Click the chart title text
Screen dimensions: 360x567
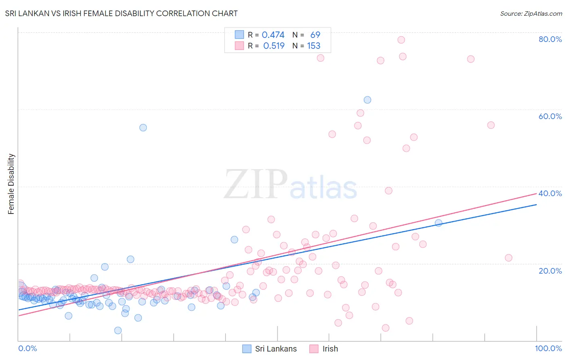point(121,13)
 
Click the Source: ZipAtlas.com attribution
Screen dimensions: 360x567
point(531,13)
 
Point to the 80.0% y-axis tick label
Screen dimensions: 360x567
point(550,39)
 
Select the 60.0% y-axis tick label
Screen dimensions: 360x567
point(550,116)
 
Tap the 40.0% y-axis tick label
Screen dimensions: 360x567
point(550,193)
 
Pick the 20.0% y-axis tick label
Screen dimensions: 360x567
point(550,270)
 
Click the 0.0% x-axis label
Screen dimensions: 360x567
point(27,348)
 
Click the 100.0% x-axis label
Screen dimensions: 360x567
point(548,348)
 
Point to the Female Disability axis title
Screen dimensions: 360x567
point(11,184)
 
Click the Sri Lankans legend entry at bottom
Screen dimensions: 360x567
point(270,349)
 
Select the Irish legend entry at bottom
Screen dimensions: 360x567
point(324,349)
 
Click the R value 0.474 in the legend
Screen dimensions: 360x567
point(273,35)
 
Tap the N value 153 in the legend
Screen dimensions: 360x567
point(313,46)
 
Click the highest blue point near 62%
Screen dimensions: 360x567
point(367,100)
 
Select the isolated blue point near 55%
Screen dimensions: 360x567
point(143,128)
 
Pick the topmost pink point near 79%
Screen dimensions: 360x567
point(401,40)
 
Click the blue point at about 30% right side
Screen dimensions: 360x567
point(438,223)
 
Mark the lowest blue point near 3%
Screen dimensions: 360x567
point(118,331)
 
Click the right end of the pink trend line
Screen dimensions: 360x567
point(536,194)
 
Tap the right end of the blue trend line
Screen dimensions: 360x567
point(536,205)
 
